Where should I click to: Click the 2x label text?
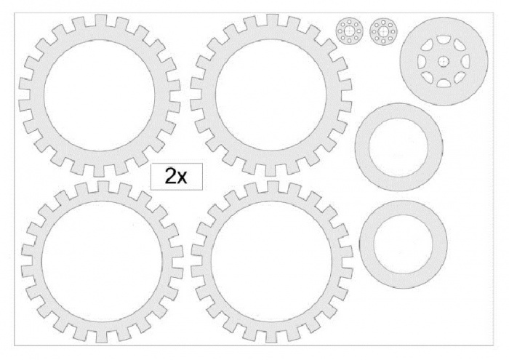[x=176, y=176]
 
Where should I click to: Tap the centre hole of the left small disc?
[x=349, y=31]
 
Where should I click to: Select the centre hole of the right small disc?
[x=383, y=31]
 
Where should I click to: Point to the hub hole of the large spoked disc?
[x=444, y=61]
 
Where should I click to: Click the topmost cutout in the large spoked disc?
[x=444, y=39]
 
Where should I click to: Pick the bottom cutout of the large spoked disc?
[x=444, y=83]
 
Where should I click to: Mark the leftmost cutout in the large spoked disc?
[x=422, y=61]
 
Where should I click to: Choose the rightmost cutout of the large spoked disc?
[x=465, y=61]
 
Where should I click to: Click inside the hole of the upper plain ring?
[x=398, y=147]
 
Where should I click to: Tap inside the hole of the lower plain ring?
[x=403, y=244]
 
